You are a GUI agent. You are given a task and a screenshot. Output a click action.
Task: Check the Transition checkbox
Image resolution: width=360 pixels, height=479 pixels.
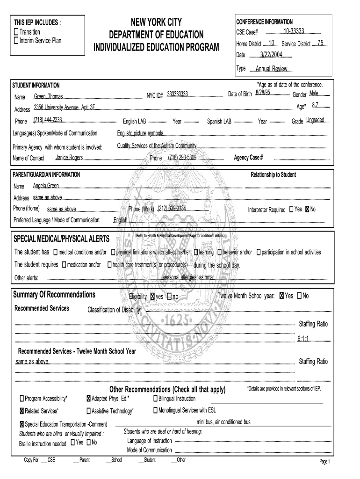[16, 31]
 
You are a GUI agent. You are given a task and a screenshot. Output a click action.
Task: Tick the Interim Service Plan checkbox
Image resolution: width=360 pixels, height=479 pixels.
[16, 40]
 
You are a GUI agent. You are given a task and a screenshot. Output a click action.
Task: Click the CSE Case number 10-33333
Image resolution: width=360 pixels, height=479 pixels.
[294, 31]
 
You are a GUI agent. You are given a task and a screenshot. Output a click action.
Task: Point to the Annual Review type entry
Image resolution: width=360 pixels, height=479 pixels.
[271, 69]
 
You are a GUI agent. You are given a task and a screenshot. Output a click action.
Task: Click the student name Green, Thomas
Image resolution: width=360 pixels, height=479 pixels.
[48, 96]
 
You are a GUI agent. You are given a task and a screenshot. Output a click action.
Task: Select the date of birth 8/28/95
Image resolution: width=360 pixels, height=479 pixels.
[263, 94]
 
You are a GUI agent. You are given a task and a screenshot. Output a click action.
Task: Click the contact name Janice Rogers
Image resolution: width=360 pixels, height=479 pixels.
[69, 157]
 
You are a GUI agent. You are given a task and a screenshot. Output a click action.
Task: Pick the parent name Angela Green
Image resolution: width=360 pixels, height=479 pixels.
[46, 186]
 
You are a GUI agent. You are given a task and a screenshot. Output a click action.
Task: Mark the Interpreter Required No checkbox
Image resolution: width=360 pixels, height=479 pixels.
[307, 209]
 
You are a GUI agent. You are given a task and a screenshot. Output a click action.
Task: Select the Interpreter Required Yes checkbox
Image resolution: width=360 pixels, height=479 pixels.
[292, 209]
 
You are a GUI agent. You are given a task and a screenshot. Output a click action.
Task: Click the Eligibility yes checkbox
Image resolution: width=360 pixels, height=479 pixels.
[152, 297]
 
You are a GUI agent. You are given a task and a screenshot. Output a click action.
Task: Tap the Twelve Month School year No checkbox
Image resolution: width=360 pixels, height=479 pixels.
[299, 296]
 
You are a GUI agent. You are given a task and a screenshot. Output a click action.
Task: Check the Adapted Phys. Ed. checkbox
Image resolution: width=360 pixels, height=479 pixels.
[88, 399]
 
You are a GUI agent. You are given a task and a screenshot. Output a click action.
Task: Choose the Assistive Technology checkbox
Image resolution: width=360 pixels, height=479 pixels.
[88, 411]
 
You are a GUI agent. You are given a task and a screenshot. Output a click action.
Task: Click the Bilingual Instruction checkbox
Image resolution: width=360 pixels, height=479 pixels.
[155, 399]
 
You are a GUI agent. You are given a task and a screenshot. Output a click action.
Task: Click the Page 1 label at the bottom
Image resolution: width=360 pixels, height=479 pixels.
[324, 462]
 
